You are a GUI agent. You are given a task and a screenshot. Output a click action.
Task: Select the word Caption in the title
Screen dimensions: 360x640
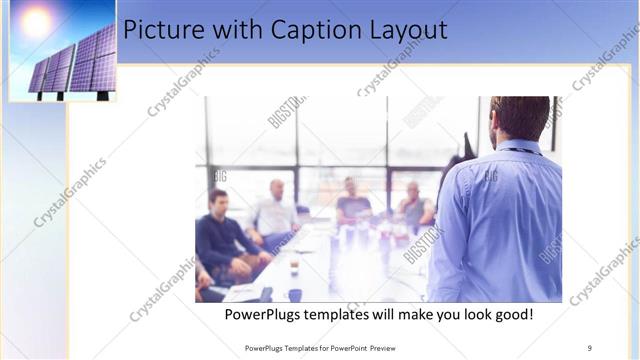320,31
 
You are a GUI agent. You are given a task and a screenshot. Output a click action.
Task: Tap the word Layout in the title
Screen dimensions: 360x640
410,31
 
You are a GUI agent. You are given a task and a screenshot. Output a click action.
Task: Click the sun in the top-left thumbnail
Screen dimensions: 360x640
37,22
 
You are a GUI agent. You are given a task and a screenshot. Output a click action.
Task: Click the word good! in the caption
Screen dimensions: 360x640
510,315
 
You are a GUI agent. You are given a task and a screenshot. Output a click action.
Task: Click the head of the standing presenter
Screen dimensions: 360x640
519,118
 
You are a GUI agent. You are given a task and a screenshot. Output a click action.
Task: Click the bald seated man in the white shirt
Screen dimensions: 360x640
274,212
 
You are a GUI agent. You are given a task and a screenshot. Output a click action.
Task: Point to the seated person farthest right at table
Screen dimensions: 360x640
413,207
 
